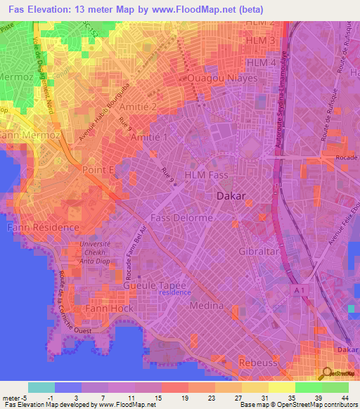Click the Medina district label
click(x=207, y=306)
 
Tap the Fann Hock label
click(x=105, y=308)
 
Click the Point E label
click(x=98, y=170)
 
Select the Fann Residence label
click(x=43, y=228)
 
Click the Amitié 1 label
click(x=149, y=138)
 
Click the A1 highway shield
click(x=300, y=290)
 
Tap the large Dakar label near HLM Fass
click(x=231, y=196)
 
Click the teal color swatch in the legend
click(x=41, y=387)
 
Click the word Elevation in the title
click(x=51, y=8)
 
